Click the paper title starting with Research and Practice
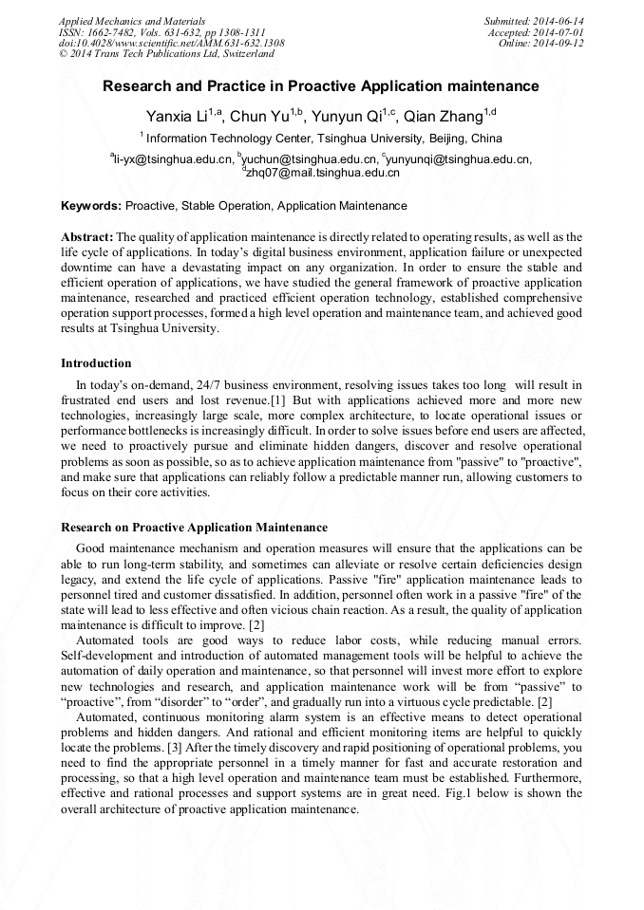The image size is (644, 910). [321, 86]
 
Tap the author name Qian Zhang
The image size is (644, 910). [443, 118]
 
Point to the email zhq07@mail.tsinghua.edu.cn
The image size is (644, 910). [323, 174]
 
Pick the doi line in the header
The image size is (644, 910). [171, 44]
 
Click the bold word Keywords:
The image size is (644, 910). [91, 206]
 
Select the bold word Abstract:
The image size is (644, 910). [87, 236]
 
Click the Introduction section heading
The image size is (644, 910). [96, 363]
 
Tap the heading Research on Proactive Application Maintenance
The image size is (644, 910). [194, 528]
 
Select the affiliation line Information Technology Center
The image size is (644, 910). [323, 139]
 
